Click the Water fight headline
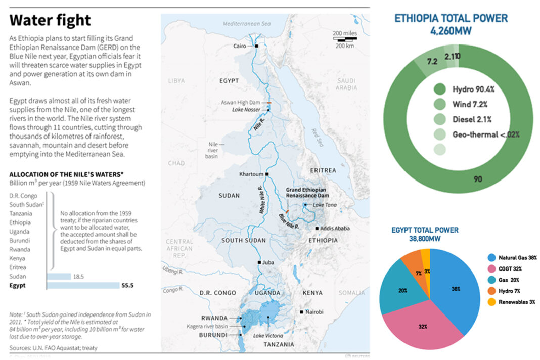pos(51,20)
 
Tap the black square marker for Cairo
pos(257,46)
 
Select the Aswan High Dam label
pos(239,102)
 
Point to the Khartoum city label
pos(251,174)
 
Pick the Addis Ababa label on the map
pos(335,229)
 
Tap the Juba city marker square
pos(259,263)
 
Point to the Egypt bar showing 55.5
pos(83,286)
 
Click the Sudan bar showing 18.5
pos(59,277)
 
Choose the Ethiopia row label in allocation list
pos(20,222)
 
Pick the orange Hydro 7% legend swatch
pos(491,291)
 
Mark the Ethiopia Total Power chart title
pos(451,19)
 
